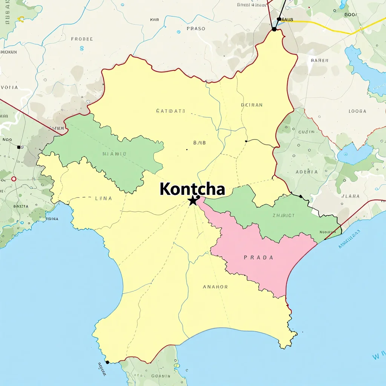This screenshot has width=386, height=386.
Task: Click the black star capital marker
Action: coord(193,200)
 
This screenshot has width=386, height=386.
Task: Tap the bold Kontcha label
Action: coord(192,189)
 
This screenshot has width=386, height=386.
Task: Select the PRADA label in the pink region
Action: coord(258,258)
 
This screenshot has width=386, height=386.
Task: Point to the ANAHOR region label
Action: coord(215,287)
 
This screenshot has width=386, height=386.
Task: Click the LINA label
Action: coord(103,198)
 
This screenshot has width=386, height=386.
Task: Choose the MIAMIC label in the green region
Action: coord(114,154)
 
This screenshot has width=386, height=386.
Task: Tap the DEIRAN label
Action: coord(251,105)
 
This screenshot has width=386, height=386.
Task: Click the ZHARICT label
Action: coord(283,216)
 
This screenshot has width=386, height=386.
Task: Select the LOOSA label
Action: coord(357,111)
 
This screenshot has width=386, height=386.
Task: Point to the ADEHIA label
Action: coord(306,172)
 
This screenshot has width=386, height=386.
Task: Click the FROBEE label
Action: coord(82,39)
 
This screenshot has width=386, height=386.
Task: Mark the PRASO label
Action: coord(196,29)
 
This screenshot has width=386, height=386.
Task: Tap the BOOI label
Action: coord(350,15)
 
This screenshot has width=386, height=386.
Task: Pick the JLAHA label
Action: coord(351,196)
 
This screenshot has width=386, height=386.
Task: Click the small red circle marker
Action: coord(14,179)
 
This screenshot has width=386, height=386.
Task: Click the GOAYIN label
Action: coord(161,376)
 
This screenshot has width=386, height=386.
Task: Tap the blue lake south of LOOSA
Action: coord(354,154)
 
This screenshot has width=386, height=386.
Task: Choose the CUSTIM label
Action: coord(306,132)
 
